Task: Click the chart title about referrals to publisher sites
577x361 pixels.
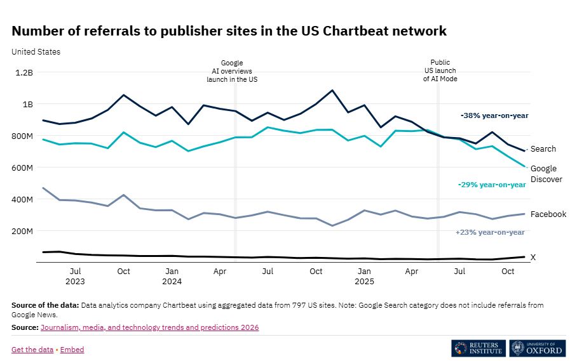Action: [229, 31]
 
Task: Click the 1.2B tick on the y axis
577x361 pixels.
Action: [24, 72]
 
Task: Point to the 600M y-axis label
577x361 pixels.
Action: [22, 167]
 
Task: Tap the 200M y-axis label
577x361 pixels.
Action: [22, 231]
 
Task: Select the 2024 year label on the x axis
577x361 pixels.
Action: [172, 281]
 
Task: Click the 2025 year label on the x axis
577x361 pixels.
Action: [364, 281]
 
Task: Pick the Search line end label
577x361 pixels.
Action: [543, 149]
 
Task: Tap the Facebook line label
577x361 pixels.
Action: [548, 214]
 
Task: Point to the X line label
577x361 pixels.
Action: [533, 258]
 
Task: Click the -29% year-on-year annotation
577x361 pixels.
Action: [492, 185]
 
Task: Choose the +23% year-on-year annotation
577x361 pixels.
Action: [490, 232]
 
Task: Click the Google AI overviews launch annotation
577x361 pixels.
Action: [232, 71]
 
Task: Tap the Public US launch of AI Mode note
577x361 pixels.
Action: [440, 70]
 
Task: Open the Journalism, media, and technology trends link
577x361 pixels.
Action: [149, 327]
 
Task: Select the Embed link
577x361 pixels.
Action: [72, 350]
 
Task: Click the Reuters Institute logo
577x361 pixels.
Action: [478, 348]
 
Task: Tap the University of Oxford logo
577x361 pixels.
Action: [536, 348]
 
